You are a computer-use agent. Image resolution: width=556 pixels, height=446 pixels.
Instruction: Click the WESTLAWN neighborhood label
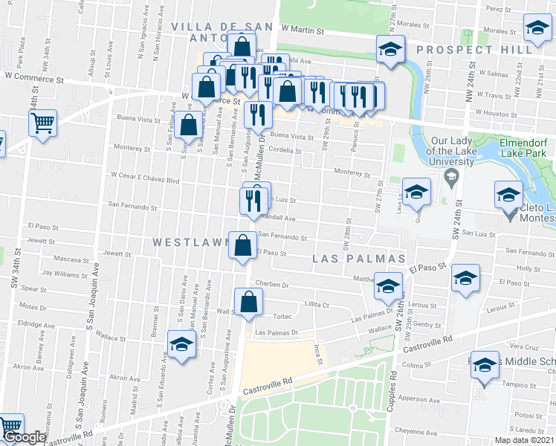189,242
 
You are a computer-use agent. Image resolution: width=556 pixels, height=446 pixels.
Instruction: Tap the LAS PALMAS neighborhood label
359,259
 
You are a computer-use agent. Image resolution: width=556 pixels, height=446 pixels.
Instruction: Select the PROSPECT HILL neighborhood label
475,49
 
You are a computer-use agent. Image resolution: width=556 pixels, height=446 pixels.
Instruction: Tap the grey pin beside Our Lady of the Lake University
450,178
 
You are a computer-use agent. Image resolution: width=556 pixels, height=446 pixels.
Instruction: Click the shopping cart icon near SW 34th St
43,121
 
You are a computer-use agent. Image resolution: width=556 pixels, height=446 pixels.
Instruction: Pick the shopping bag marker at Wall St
248,301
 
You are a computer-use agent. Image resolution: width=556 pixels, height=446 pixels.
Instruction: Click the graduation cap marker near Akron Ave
181,344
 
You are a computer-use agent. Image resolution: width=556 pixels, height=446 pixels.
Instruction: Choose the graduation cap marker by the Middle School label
485,366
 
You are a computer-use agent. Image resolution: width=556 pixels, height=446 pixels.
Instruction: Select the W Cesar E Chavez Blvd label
146,178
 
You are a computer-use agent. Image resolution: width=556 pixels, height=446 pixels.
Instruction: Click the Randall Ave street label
282,219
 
